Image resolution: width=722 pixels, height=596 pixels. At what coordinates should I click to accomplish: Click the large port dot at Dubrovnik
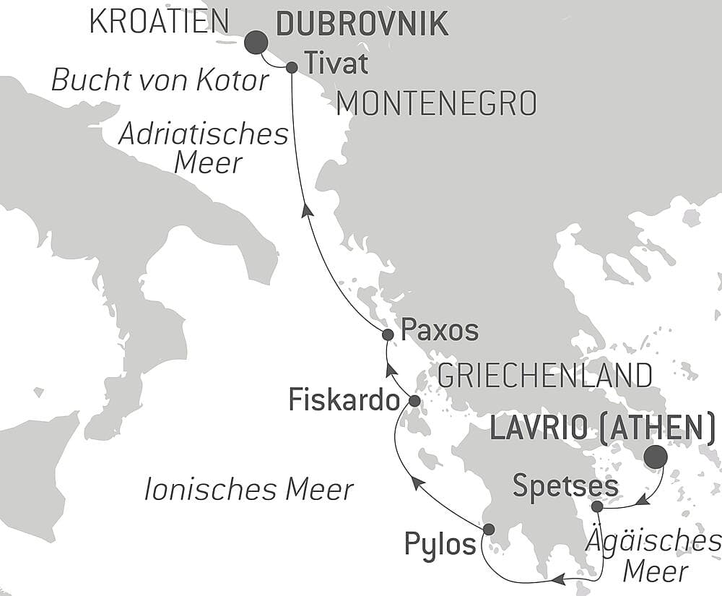click(256, 43)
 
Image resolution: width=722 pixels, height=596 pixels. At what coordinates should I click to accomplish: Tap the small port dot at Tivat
click(292, 67)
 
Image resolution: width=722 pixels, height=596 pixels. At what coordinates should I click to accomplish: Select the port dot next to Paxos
click(388, 334)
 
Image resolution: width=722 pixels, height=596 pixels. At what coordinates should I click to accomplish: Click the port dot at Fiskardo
click(414, 400)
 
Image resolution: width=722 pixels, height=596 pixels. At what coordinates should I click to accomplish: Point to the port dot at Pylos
click(488, 529)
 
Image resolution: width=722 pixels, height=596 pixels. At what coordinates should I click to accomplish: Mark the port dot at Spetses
click(597, 506)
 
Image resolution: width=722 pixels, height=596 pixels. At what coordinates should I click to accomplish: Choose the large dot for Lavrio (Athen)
click(656, 457)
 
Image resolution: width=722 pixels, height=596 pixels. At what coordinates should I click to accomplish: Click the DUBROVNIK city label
click(362, 25)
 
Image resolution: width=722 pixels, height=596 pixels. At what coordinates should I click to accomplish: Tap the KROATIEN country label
click(159, 22)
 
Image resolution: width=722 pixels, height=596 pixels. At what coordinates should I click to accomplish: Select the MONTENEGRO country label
click(437, 104)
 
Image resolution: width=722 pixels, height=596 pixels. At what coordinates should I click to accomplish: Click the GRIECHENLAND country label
click(545, 376)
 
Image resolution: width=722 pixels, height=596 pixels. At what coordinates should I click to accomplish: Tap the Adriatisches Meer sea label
click(204, 149)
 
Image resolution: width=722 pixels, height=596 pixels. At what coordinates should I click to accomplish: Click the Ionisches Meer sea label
click(249, 490)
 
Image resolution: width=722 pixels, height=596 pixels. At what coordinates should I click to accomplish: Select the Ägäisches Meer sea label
click(654, 556)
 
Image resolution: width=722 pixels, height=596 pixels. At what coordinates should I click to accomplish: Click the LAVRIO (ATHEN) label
click(603, 429)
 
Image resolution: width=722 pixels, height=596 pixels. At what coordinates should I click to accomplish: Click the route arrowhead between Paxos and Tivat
click(307, 210)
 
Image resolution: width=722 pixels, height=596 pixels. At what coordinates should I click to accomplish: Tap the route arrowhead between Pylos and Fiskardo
click(417, 483)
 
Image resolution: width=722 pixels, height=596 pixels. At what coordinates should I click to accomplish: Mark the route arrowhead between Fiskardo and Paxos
click(391, 371)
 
